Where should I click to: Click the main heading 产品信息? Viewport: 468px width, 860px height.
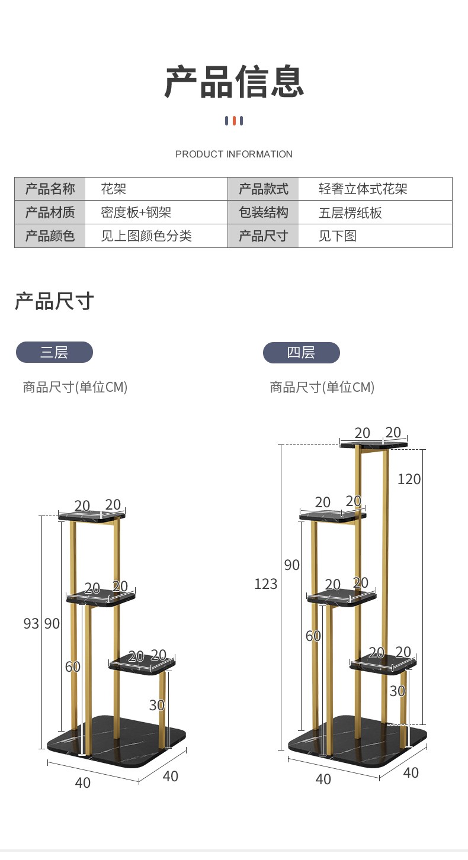tap(234, 82)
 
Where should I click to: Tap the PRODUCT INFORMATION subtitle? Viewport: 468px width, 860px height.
tap(234, 154)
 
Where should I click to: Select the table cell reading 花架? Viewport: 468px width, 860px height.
tap(114, 189)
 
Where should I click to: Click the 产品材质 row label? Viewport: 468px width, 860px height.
tap(50, 212)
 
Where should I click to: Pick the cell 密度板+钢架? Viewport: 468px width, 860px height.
tap(136, 212)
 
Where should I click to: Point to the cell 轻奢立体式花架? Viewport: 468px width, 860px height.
tap(363, 189)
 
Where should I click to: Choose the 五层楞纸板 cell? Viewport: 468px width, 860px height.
tap(350, 212)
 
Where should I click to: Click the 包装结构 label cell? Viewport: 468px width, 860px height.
tap(263, 212)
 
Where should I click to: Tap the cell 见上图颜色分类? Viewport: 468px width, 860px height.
tap(146, 236)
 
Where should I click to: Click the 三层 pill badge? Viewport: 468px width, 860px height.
tap(54, 352)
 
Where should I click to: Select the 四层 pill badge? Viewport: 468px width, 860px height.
tap(301, 352)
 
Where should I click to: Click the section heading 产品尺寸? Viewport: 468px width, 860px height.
tap(54, 301)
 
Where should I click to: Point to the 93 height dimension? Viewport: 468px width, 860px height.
tap(31, 623)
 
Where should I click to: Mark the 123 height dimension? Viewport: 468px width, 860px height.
tap(265, 584)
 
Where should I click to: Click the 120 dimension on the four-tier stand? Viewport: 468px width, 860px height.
tap(409, 479)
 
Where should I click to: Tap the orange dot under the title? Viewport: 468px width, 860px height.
tap(234, 121)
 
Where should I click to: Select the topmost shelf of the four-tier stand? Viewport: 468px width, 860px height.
tap(374, 444)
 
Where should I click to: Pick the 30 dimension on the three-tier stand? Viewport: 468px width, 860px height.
tap(156, 705)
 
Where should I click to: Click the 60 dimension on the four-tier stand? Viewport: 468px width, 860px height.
tap(313, 636)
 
